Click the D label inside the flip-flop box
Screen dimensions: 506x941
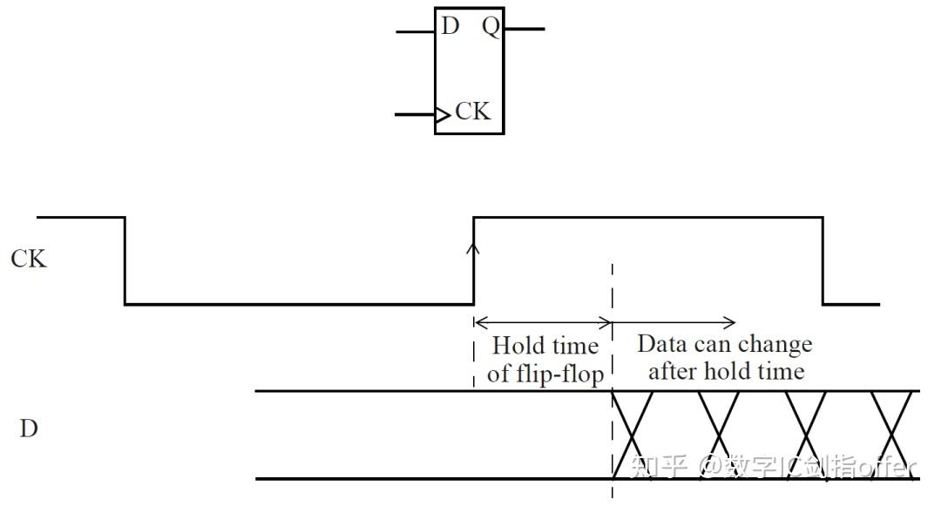pos(450,26)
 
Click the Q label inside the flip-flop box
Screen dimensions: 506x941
pos(491,27)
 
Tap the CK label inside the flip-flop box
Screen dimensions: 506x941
pos(472,111)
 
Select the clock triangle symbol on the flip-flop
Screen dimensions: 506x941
pos(443,114)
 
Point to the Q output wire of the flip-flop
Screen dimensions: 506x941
pos(525,29)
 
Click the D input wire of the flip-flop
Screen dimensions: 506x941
pos(415,31)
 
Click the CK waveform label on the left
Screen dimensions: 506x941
pos(29,259)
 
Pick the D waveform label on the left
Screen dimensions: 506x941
pos(29,428)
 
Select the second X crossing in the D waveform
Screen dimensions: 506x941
pos(719,435)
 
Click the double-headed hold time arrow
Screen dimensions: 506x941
pos(543,323)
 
